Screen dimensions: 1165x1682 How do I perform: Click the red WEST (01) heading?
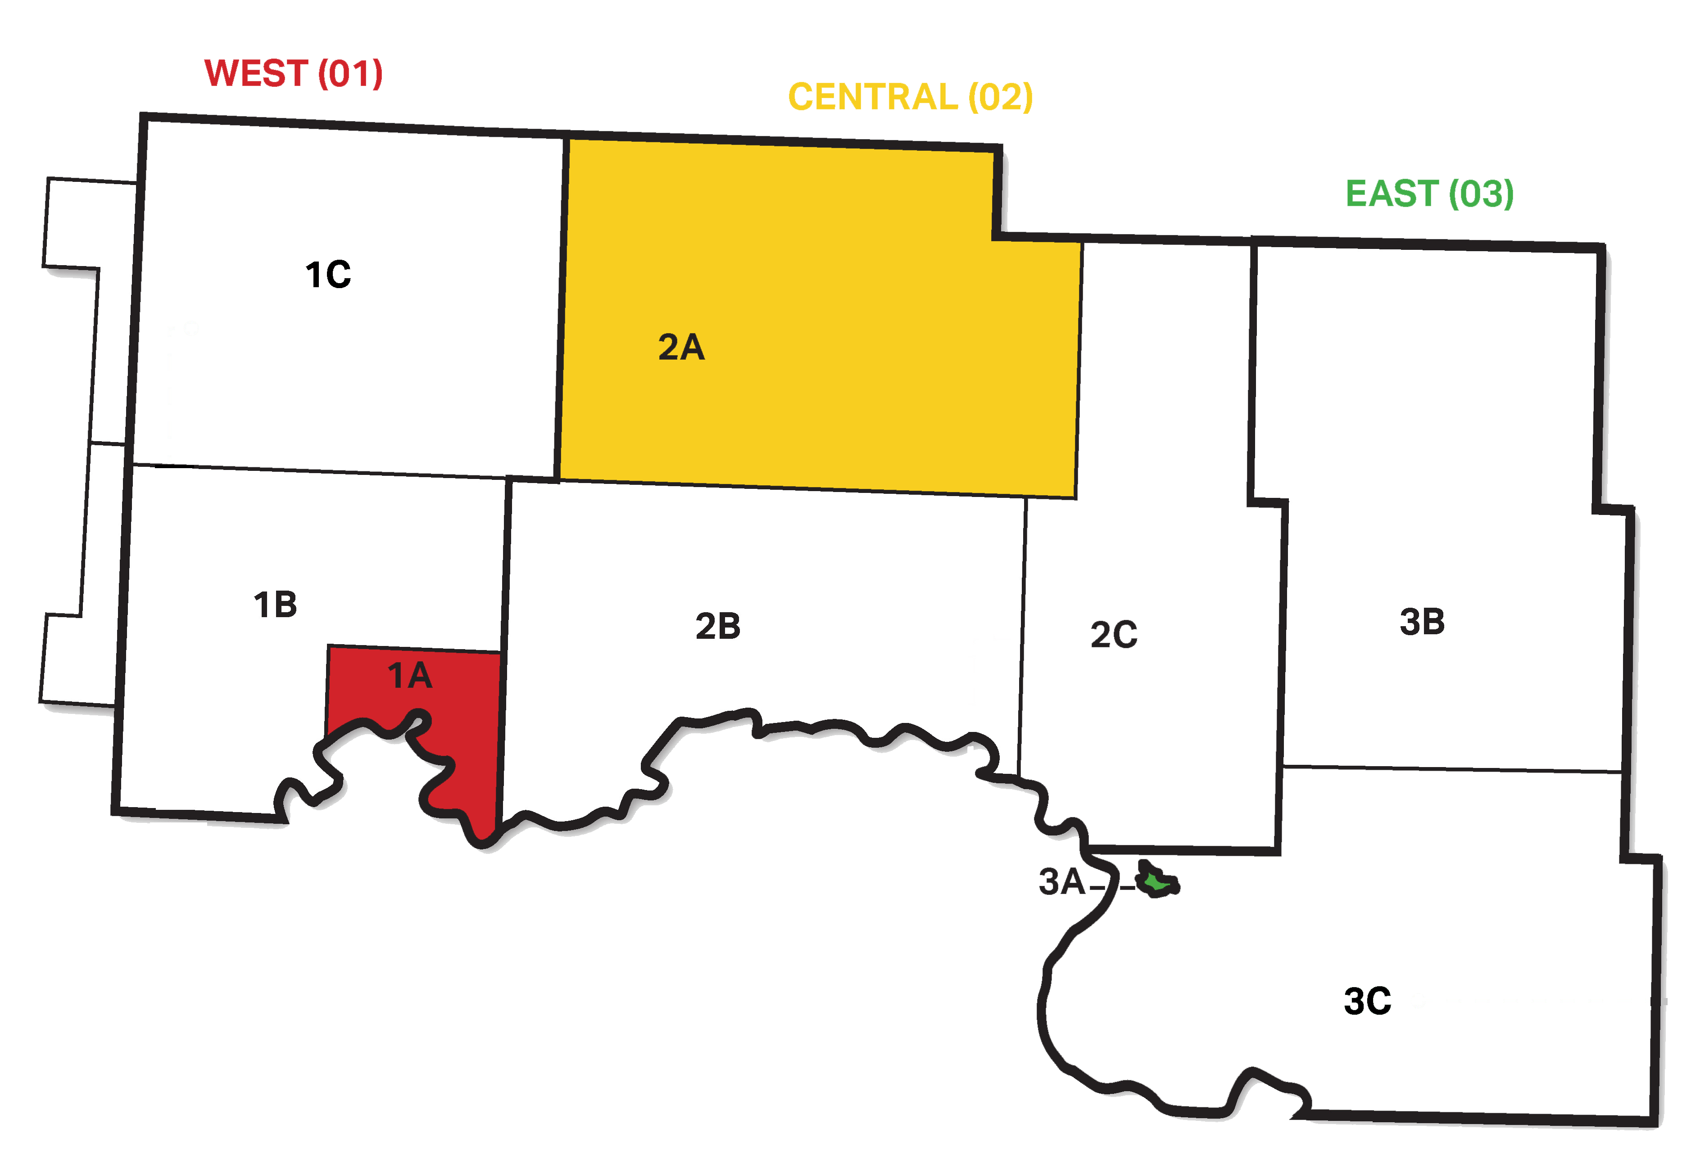pyautogui.click(x=294, y=74)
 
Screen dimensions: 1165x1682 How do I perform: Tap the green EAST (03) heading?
pyautogui.click(x=1429, y=194)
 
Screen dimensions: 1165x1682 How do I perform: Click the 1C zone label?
pyautogui.click(x=328, y=275)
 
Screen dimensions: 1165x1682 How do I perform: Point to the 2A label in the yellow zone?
pyautogui.click(x=681, y=348)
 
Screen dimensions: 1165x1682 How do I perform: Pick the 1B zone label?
pyautogui.click(x=275, y=605)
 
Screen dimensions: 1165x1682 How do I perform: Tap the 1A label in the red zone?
pyautogui.click(x=409, y=676)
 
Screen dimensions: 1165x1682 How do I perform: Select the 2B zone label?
pyautogui.click(x=718, y=626)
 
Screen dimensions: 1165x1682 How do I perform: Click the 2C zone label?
pyautogui.click(x=1113, y=634)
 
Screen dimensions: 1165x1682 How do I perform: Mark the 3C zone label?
pyautogui.click(x=1367, y=1002)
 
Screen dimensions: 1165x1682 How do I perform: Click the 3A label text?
pyautogui.click(x=1061, y=882)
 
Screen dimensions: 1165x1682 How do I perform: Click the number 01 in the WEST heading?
pyautogui.click(x=350, y=74)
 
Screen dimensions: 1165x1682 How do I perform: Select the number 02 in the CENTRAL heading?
pyautogui.click(x=1000, y=97)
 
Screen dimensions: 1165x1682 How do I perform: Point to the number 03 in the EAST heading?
pyautogui.click(x=1481, y=194)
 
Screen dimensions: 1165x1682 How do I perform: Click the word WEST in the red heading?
pyautogui.click(x=255, y=74)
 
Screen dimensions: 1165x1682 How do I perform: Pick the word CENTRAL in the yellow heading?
pyautogui.click(x=873, y=97)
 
